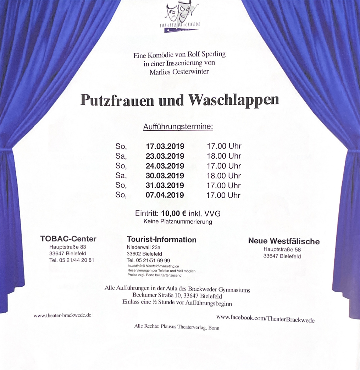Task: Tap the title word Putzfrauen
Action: pos(117,100)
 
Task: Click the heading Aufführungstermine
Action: pos(178,127)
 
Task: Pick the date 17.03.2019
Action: pos(165,146)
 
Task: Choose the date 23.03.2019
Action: pos(165,156)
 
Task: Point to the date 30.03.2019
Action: pos(165,176)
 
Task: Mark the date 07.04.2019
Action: pos(165,195)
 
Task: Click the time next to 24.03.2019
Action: pos(223,166)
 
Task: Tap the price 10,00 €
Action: pos(174,214)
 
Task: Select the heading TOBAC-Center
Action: pos(68,239)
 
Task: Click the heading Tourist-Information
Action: pos(161,240)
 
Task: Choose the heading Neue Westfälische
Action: pos(284,241)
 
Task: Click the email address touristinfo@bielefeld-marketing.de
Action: pos(153,266)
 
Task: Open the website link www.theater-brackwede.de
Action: pos(62,315)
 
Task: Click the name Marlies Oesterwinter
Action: pos(179,72)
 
